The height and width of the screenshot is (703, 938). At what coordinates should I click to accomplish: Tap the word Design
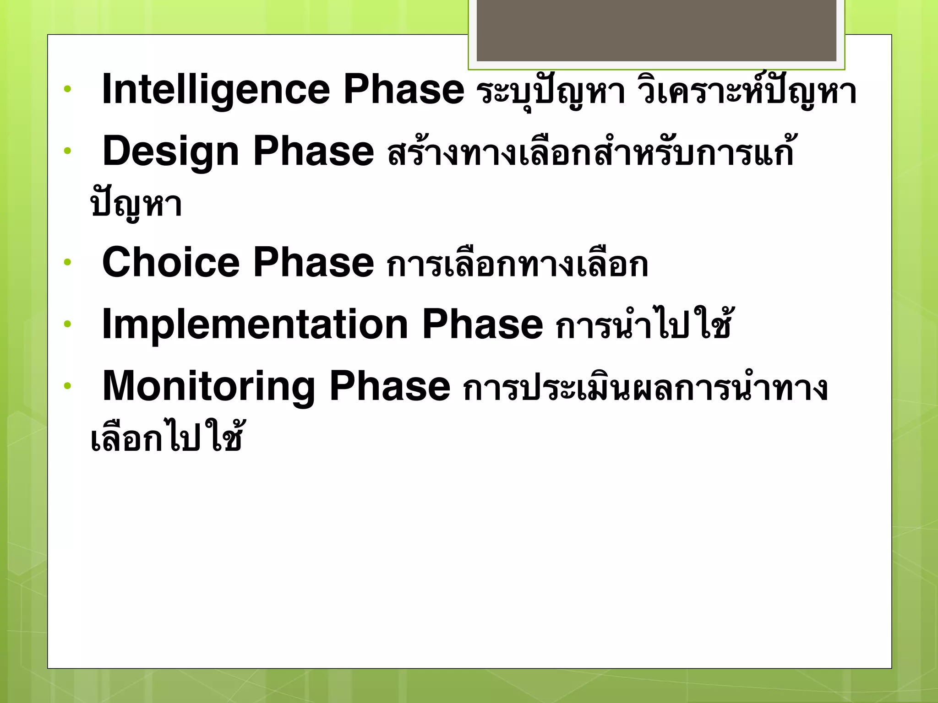pyautogui.click(x=171, y=152)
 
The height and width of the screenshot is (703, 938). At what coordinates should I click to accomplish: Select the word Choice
pyautogui.click(x=171, y=262)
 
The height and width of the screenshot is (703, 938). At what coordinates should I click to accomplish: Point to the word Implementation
pyautogui.click(x=255, y=324)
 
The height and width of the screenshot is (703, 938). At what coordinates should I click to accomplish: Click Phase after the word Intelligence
pyautogui.click(x=404, y=89)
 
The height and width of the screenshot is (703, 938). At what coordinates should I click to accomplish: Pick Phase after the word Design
pyautogui.click(x=314, y=151)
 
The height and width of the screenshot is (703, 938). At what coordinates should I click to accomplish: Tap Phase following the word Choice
pyautogui.click(x=314, y=262)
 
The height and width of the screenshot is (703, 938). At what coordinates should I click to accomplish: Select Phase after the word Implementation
pyautogui.click(x=482, y=324)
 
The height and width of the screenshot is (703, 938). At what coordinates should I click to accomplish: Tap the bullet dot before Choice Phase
pyautogui.click(x=68, y=262)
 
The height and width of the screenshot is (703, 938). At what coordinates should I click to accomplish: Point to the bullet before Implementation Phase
pyautogui.click(x=68, y=324)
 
